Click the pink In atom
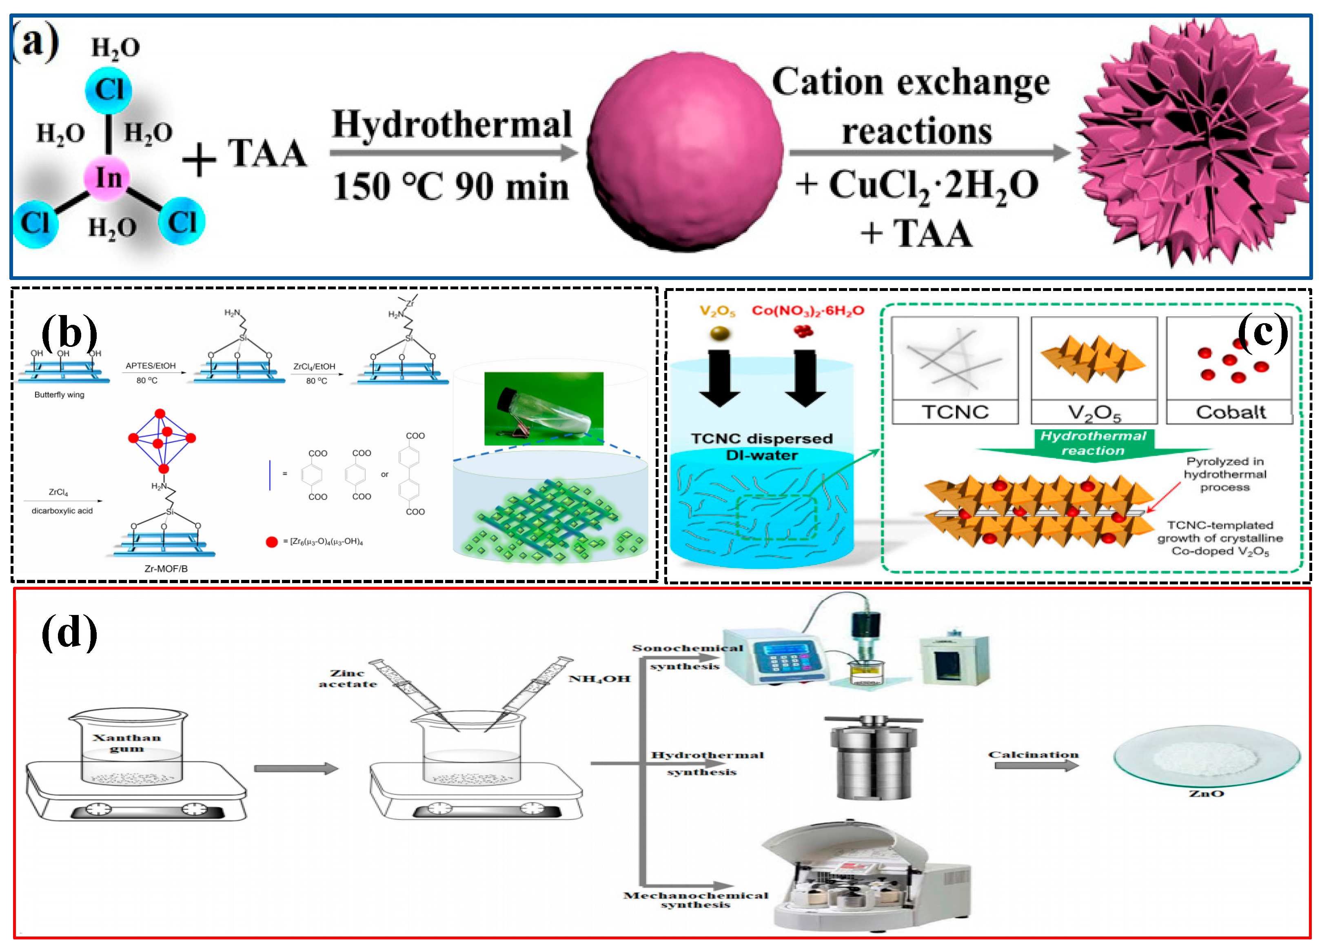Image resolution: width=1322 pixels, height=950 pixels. click(109, 178)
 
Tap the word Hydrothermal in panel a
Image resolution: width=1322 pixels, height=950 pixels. click(452, 124)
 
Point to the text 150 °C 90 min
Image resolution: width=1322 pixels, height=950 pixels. click(450, 188)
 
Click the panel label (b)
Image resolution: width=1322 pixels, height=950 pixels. click(69, 332)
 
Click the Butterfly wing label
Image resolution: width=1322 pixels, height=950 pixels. click(60, 395)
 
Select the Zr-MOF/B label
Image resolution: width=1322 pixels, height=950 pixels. click(166, 568)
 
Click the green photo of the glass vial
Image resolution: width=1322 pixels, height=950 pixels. click(543, 408)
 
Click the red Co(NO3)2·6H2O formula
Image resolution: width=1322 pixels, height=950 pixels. click(807, 311)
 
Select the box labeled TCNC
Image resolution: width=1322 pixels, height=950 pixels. click(955, 370)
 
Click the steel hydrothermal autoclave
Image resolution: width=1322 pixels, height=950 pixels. click(873, 758)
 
